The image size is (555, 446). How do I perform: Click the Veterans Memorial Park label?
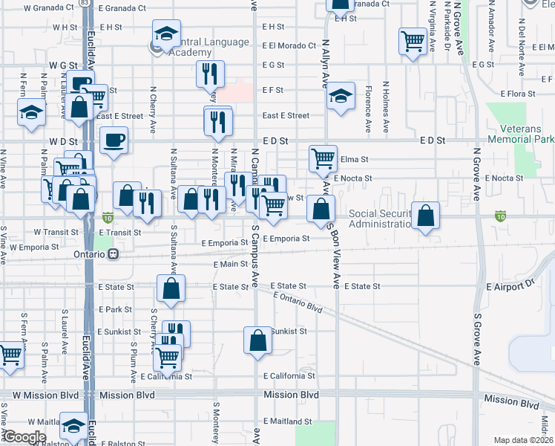click(522, 133)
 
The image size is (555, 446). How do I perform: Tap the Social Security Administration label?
click(380, 219)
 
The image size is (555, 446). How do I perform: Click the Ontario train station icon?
click(114, 253)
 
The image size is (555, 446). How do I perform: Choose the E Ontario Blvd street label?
click(298, 301)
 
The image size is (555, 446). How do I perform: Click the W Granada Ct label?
click(49, 7)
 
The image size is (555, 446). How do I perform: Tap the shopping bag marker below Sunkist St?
click(257, 341)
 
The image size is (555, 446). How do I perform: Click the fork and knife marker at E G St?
click(210, 74)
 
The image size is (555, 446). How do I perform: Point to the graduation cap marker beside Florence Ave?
click(341, 96)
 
